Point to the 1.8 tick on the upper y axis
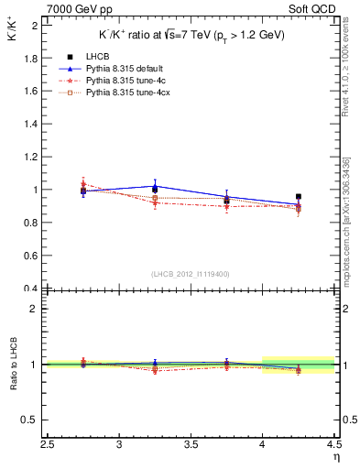tap(31, 59)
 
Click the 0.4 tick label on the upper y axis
tap(31, 289)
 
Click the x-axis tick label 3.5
tap(191, 445)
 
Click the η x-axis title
tap(336, 457)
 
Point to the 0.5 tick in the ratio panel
tap(31, 420)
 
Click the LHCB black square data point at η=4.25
tap(299, 196)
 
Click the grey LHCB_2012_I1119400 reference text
tap(191, 274)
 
